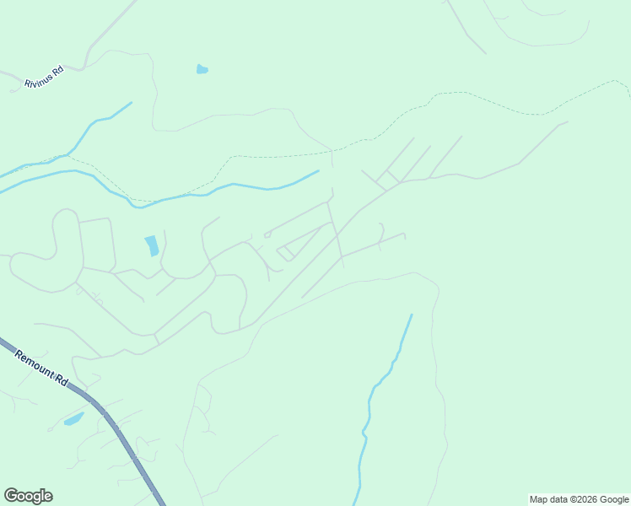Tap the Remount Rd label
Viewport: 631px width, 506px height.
click(40, 369)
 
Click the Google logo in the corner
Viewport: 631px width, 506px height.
click(28, 496)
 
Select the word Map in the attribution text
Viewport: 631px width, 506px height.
click(539, 500)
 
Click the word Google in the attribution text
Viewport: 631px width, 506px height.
click(613, 500)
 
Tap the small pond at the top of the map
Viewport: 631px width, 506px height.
click(202, 69)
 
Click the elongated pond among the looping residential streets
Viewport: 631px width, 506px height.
click(152, 245)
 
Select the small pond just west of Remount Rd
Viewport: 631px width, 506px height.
click(74, 418)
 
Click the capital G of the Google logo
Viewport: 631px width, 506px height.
click(11, 496)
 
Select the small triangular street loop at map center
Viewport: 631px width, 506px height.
click(286, 251)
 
